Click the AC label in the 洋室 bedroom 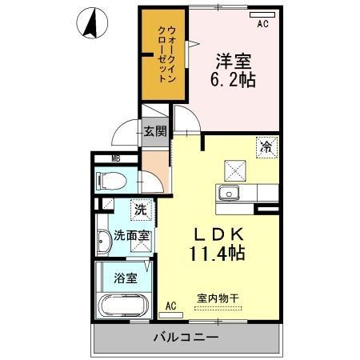point(262,25)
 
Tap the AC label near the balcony point(170,306)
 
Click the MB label point(94,158)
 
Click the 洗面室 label point(130,236)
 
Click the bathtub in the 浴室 point(123,307)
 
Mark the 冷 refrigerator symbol point(266,146)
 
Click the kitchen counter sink point(229,193)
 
